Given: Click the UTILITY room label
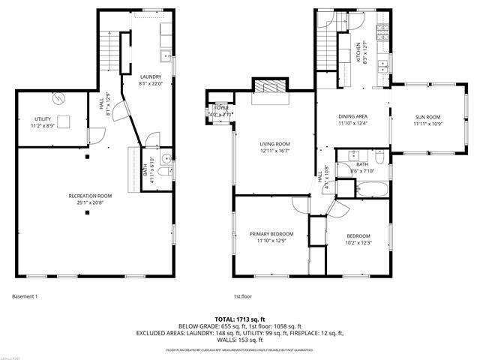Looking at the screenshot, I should (x=42, y=119).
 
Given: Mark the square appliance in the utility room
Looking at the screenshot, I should (x=65, y=121).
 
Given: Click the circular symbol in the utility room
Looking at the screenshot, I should (x=58, y=98).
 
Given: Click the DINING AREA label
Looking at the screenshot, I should (x=352, y=116).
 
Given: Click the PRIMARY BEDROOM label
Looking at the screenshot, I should (x=271, y=234).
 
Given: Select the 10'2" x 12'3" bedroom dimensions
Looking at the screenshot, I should (x=357, y=242).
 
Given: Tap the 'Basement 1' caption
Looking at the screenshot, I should (x=25, y=296).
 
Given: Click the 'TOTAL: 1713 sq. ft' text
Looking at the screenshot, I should (x=239, y=319).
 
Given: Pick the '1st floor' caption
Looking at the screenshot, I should (x=241, y=296).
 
